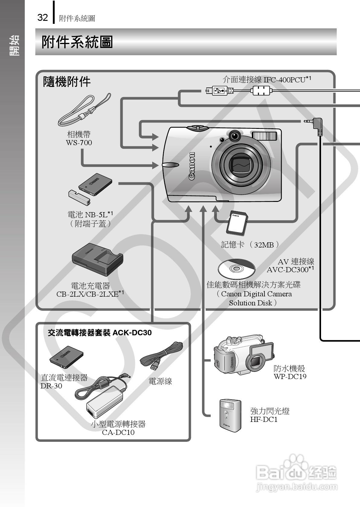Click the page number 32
click(x=43, y=18)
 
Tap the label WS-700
click(x=79, y=143)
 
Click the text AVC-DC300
click(x=287, y=270)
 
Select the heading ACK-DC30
click(x=132, y=333)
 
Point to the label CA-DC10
click(x=118, y=432)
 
